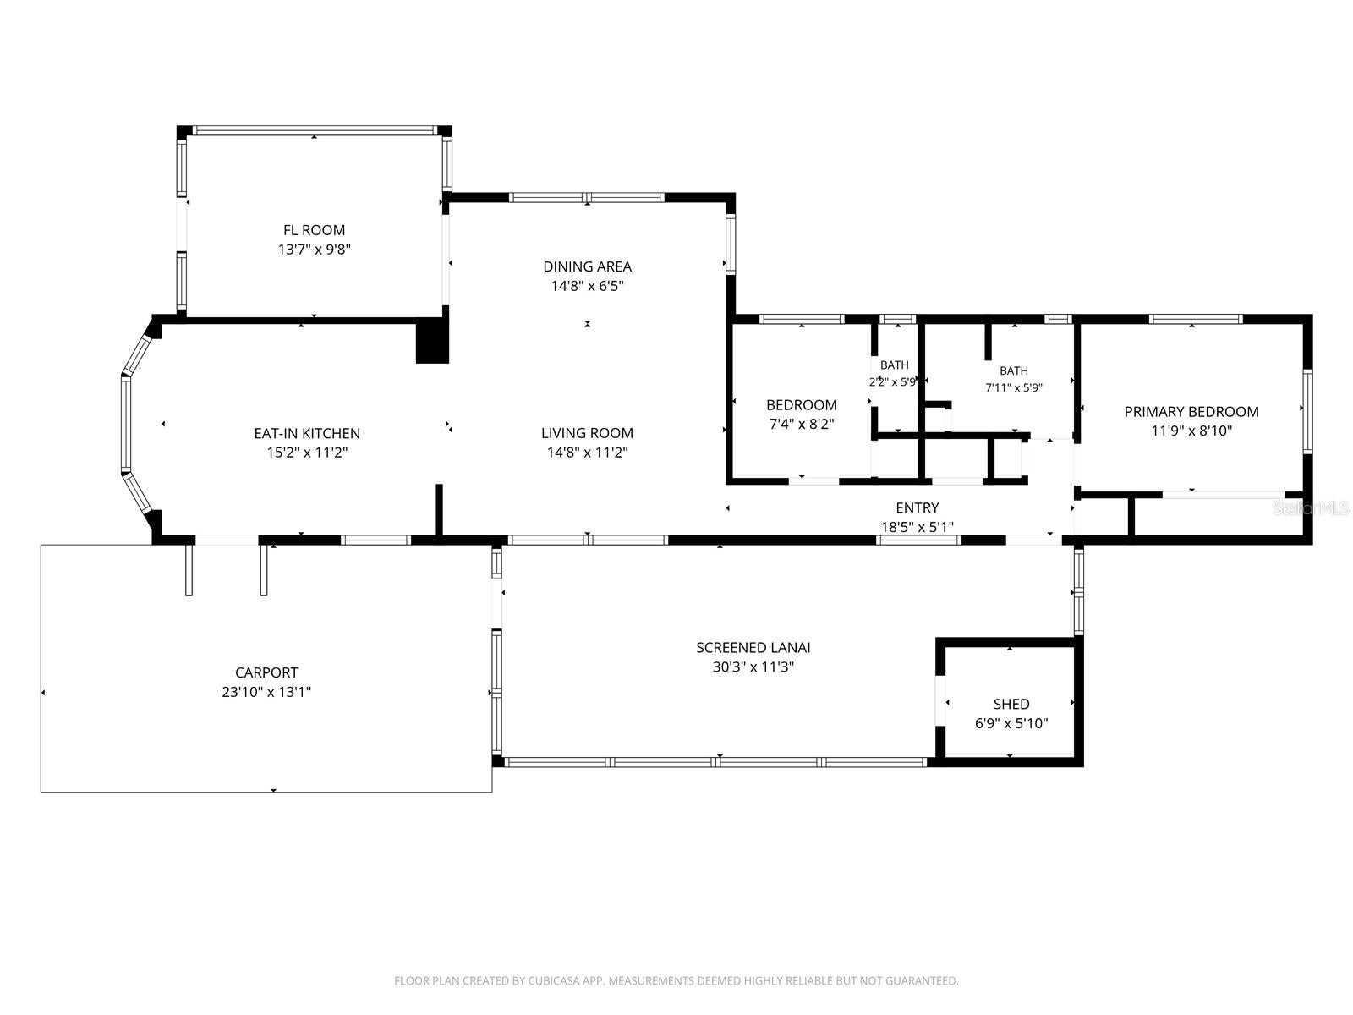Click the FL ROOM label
(314, 230)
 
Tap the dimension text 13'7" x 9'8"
(314, 250)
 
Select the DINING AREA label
(587, 266)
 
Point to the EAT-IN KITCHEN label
(307, 433)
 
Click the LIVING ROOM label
(587, 433)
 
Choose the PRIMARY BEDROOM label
(1191, 412)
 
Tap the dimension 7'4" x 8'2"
(802, 424)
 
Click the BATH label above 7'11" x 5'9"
(1013, 370)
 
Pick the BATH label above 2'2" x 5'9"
(894, 365)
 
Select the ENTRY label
(918, 507)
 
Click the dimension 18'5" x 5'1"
(918, 527)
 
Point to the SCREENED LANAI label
(753, 648)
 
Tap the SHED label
(1011, 704)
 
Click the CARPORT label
(266, 672)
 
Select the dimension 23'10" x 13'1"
(266, 692)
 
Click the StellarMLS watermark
(1311, 507)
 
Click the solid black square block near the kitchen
(432, 343)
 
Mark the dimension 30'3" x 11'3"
(753, 667)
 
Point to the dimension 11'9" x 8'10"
(1191, 431)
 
